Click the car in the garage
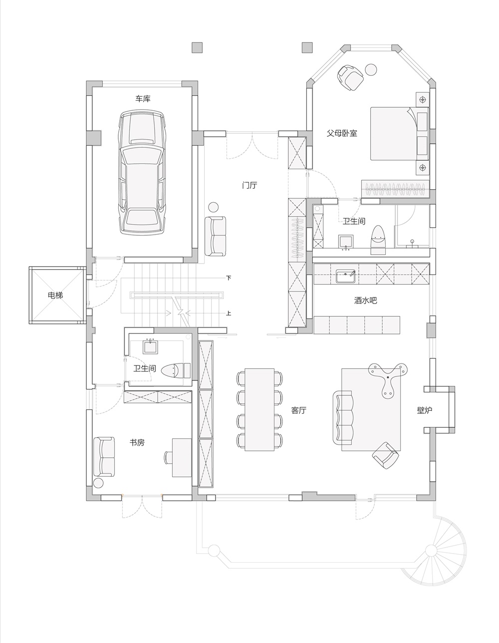(142, 172)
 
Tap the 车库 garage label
(143, 99)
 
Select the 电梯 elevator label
(55, 295)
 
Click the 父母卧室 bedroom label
(342, 133)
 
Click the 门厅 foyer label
(249, 185)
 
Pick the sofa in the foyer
(216, 236)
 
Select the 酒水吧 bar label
(365, 301)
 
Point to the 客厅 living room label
(298, 410)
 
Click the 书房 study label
(137, 442)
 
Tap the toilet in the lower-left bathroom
(176, 370)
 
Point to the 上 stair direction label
(229, 314)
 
